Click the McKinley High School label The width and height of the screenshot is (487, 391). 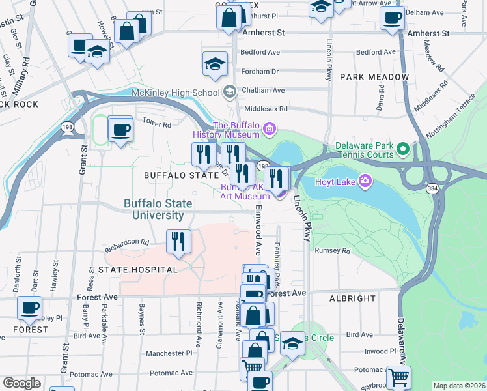(x=175, y=93)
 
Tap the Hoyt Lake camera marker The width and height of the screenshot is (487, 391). (x=365, y=181)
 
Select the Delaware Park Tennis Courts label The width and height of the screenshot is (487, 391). (x=364, y=151)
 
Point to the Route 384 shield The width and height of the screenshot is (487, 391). (x=432, y=188)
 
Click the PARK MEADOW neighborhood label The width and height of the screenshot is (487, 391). (x=374, y=77)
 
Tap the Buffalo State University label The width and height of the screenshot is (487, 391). (x=158, y=209)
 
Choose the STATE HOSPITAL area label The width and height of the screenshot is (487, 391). (x=137, y=269)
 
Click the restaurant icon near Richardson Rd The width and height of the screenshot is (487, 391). (x=178, y=242)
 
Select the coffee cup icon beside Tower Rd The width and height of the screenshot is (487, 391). (x=120, y=130)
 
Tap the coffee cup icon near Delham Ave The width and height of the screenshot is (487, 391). (x=392, y=19)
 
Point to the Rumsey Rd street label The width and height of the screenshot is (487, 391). (x=332, y=250)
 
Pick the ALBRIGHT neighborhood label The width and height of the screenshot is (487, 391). (x=352, y=298)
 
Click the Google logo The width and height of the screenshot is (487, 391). (x=21, y=383)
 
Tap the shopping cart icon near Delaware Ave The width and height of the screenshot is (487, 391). (x=398, y=377)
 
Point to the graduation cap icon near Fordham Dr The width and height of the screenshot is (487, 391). (x=215, y=64)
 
